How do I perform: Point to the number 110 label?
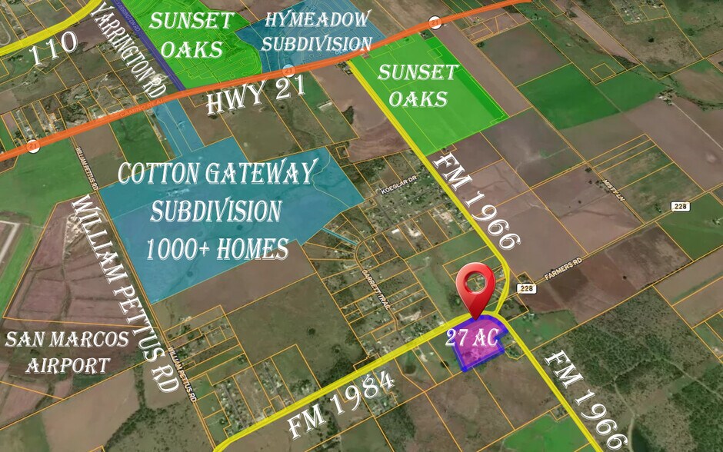point(55,42)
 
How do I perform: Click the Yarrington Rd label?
point(131,51)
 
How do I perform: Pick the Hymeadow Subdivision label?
point(315,31)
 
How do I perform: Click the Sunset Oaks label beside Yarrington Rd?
point(190,35)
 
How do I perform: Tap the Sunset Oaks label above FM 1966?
point(418,86)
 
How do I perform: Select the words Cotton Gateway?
point(218,174)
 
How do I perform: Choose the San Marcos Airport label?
point(55,351)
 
